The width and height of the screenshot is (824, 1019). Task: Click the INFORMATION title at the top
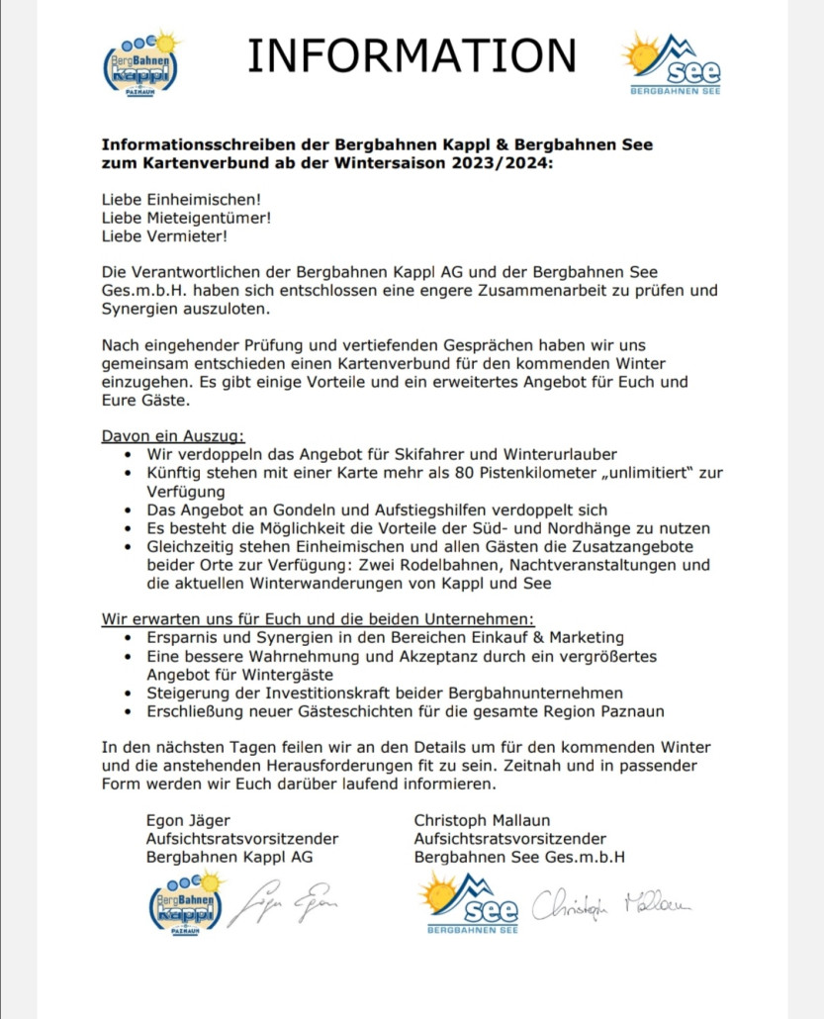point(411,55)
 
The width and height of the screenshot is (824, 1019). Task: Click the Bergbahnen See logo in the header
point(674,63)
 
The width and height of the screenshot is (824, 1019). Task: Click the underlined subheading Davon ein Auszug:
point(172,435)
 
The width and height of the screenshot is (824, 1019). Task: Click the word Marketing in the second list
point(588,638)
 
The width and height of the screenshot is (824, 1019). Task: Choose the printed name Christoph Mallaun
point(482,819)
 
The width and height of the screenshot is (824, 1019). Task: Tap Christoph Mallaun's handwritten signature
point(611,903)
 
